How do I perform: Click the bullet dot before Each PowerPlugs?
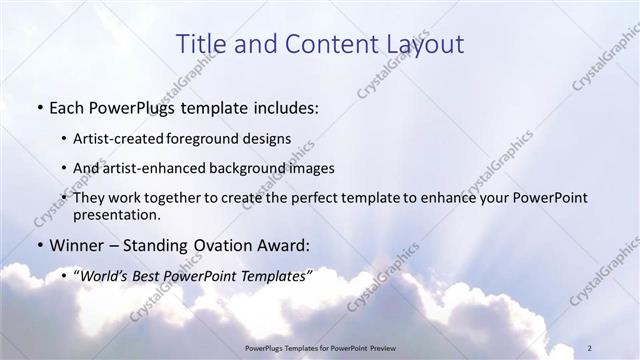38,105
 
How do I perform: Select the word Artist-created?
122,138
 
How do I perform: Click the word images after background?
309,168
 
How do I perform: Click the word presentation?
116,215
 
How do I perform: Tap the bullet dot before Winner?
38,245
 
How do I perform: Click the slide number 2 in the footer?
590,346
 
